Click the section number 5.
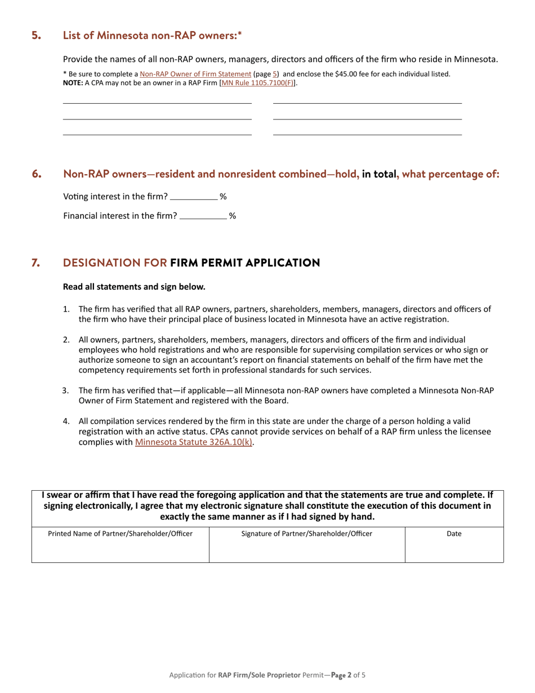36,35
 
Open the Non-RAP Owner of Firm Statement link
195,74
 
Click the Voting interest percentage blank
193,197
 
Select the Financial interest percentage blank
203,216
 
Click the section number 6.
37,174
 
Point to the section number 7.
36,263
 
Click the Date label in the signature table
454,534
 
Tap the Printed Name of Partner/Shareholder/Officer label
120,534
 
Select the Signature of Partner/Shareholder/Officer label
306,534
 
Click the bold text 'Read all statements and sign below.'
134,287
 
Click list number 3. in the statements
66,390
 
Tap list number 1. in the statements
66,309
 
